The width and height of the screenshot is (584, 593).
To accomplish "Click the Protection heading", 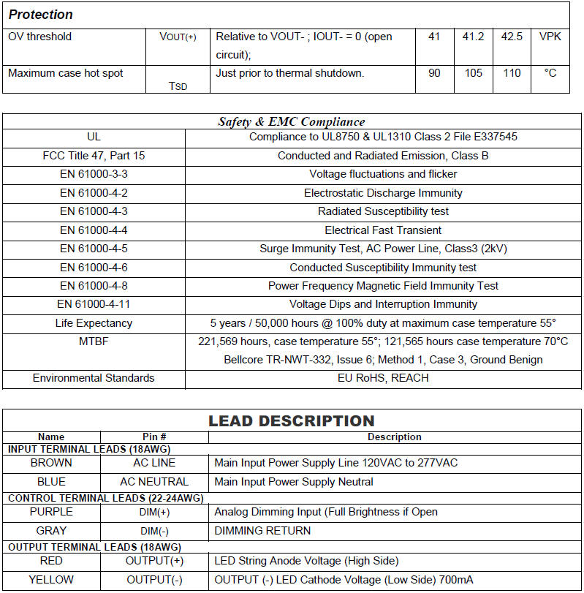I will pyautogui.click(x=41, y=15).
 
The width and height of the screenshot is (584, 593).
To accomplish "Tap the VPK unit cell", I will pyautogui.click(x=550, y=36).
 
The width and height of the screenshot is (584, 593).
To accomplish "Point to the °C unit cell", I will pyautogui.click(x=550, y=73).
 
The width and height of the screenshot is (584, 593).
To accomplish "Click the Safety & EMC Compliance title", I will pyautogui.click(x=291, y=121).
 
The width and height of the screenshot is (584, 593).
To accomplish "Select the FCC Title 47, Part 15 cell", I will pyautogui.click(x=94, y=156).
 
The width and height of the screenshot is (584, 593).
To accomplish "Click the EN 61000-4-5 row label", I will pyautogui.click(x=94, y=249).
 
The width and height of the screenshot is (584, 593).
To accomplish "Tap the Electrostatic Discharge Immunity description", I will pyautogui.click(x=383, y=193).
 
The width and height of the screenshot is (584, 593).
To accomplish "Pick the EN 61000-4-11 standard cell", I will pyautogui.click(x=94, y=304).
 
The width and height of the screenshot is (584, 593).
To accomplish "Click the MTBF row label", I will pyautogui.click(x=94, y=341).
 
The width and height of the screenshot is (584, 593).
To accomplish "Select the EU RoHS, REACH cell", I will pyautogui.click(x=383, y=378).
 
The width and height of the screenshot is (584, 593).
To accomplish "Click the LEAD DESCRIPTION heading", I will pyautogui.click(x=291, y=421).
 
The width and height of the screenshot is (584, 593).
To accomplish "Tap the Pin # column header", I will pyautogui.click(x=153, y=437).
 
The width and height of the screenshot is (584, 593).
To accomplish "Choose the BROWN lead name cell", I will pyautogui.click(x=51, y=463).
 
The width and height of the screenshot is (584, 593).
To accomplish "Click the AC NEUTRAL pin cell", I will pyautogui.click(x=153, y=482).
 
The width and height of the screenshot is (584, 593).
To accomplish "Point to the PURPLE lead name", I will pyautogui.click(x=51, y=512).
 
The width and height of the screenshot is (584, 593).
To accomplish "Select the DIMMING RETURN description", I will pyautogui.click(x=262, y=531).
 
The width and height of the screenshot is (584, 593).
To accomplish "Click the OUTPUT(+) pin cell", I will pyautogui.click(x=153, y=561).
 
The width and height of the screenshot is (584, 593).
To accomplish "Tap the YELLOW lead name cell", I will pyautogui.click(x=51, y=580).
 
